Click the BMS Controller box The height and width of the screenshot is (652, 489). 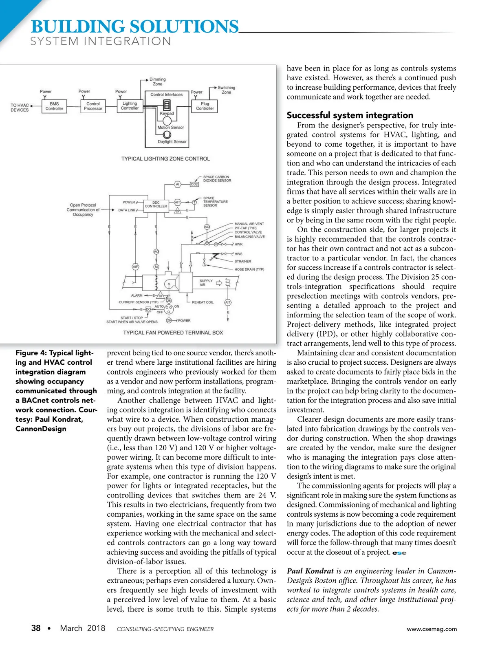(54, 106)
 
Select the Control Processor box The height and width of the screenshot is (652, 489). (93, 106)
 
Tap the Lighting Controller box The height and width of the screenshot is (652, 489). (130, 106)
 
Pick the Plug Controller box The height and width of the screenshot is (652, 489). (205, 106)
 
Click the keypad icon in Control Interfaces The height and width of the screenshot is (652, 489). (167, 105)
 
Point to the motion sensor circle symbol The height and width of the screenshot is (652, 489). (167, 120)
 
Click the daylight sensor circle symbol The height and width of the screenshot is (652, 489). (167, 135)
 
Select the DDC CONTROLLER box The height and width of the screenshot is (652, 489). (156, 205)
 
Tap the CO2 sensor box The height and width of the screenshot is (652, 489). (194, 184)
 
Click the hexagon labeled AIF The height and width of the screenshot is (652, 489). (135, 267)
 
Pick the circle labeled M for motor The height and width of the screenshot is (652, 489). (156, 267)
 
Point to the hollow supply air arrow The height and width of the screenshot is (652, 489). (219, 283)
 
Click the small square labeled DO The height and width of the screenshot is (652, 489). (148, 310)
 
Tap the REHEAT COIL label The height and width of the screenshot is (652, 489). (203, 302)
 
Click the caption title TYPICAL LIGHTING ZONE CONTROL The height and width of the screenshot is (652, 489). (165, 159)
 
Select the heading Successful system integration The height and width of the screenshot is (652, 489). (350, 115)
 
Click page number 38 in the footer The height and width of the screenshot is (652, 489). (36, 628)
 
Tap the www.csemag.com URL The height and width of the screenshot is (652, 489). (432, 629)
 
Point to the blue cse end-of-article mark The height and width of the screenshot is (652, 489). (399, 553)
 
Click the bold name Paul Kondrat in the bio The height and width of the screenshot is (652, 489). (310, 571)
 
